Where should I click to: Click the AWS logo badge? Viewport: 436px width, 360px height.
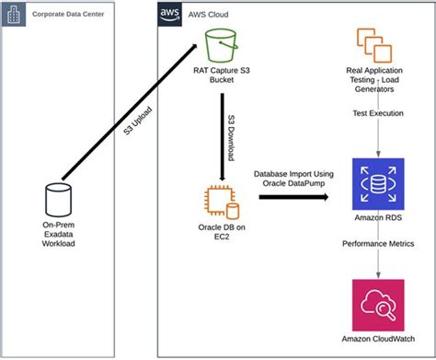point(167,16)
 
